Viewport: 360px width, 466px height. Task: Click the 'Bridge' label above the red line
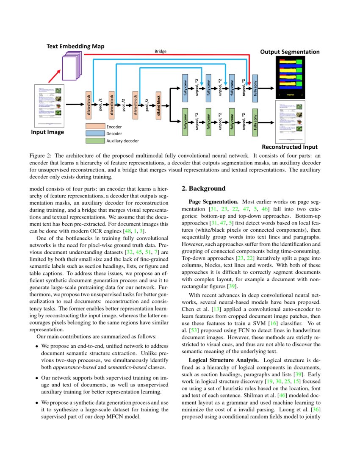click(160, 51)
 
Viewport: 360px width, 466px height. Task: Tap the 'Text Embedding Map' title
click(75, 46)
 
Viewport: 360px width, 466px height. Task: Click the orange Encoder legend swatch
click(95, 127)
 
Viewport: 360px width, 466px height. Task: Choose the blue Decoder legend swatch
click(95, 133)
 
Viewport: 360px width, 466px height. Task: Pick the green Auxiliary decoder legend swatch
click(95, 141)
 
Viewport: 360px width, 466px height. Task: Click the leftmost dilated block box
click(89, 105)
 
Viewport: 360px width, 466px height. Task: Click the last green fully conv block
click(255, 122)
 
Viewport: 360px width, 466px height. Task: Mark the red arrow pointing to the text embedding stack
click(50, 76)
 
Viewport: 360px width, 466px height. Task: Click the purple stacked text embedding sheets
click(72, 65)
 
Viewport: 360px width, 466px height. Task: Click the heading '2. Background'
click(203, 188)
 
